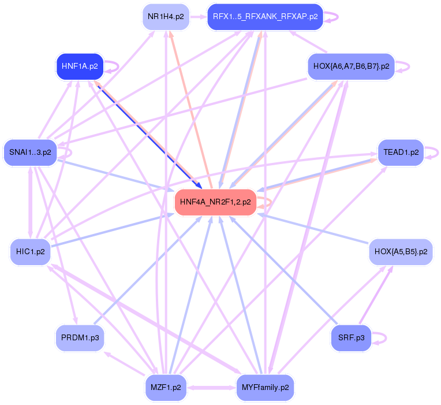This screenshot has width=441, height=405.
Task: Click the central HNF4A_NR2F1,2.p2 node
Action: [215, 202]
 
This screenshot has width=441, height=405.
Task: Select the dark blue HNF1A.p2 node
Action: [79, 66]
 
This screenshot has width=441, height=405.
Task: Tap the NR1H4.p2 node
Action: [166, 16]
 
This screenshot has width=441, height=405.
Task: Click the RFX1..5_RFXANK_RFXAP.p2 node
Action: [265, 16]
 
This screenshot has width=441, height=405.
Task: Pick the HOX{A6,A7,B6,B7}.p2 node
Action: [351, 66]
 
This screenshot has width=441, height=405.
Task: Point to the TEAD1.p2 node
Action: [401, 153]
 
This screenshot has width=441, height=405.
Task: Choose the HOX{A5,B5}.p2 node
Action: [401, 252]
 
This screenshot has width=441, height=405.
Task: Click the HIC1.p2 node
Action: [30, 252]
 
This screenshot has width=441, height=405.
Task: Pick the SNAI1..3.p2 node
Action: [30, 153]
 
